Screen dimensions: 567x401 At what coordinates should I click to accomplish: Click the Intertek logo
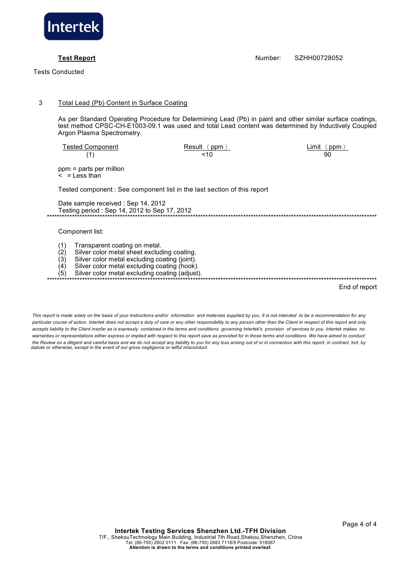(x=73, y=26)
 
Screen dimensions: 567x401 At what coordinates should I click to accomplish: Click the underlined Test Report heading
(x=77, y=58)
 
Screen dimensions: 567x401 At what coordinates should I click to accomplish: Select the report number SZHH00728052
(x=319, y=58)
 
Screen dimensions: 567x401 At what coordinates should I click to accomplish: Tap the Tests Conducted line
(x=59, y=72)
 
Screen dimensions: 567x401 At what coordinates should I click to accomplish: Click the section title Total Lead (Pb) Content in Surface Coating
(x=123, y=103)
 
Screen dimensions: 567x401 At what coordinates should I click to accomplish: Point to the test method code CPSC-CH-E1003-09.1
(x=128, y=126)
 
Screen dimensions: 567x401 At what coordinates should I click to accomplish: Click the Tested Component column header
(x=90, y=147)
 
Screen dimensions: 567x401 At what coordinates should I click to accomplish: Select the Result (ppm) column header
(x=207, y=147)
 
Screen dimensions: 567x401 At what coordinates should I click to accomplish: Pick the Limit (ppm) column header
(x=327, y=147)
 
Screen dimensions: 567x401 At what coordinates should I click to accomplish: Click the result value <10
(x=207, y=155)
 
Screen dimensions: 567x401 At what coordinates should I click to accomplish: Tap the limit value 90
(x=328, y=155)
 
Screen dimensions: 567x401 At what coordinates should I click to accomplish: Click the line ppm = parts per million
(x=91, y=169)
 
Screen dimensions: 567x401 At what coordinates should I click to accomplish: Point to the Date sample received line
(x=112, y=204)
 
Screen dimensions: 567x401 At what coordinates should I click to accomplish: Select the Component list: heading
(x=81, y=232)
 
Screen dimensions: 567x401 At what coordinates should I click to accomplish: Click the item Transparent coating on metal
(x=118, y=246)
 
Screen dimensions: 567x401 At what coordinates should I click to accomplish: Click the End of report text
(x=358, y=287)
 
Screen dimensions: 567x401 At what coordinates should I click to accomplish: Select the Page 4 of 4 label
(x=359, y=524)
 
